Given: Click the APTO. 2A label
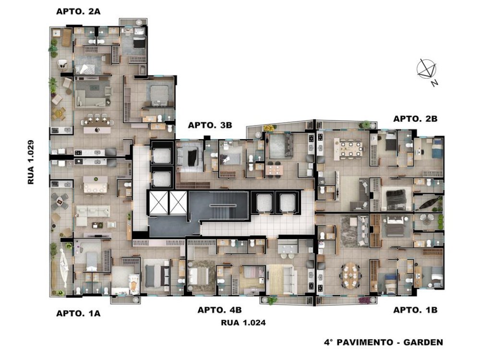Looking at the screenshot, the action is click(78, 12).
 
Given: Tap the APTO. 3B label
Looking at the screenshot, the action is click(210, 125).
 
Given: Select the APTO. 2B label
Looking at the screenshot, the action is click(415, 119).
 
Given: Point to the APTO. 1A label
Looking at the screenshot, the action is click(78, 313).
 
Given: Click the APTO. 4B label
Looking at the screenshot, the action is click(219, 310).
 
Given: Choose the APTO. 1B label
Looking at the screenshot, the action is click(415, 310).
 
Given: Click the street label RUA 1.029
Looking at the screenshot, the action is click(31, 162).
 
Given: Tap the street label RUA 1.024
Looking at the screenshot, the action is click(243, 323).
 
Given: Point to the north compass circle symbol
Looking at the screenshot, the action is click(426, 68).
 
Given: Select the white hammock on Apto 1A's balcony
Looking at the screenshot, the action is click(63, 268).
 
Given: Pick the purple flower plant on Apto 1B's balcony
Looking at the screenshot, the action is click(365, 300).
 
